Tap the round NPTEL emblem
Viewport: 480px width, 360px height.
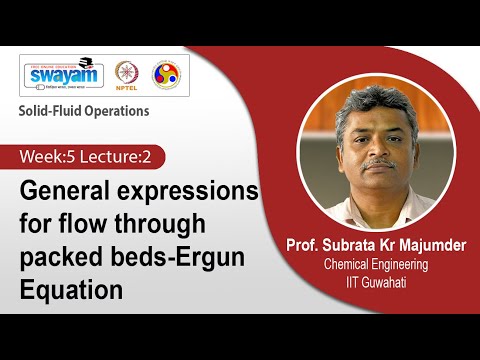pyautogui.click(x=127, y=75)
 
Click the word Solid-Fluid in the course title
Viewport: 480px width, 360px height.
pyautogui.click(x=53, y=111)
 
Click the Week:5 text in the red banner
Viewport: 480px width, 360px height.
pyautogui.click(x=49, y=158)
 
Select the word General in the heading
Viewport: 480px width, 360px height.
pyautogui.click(x=63, y=191)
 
